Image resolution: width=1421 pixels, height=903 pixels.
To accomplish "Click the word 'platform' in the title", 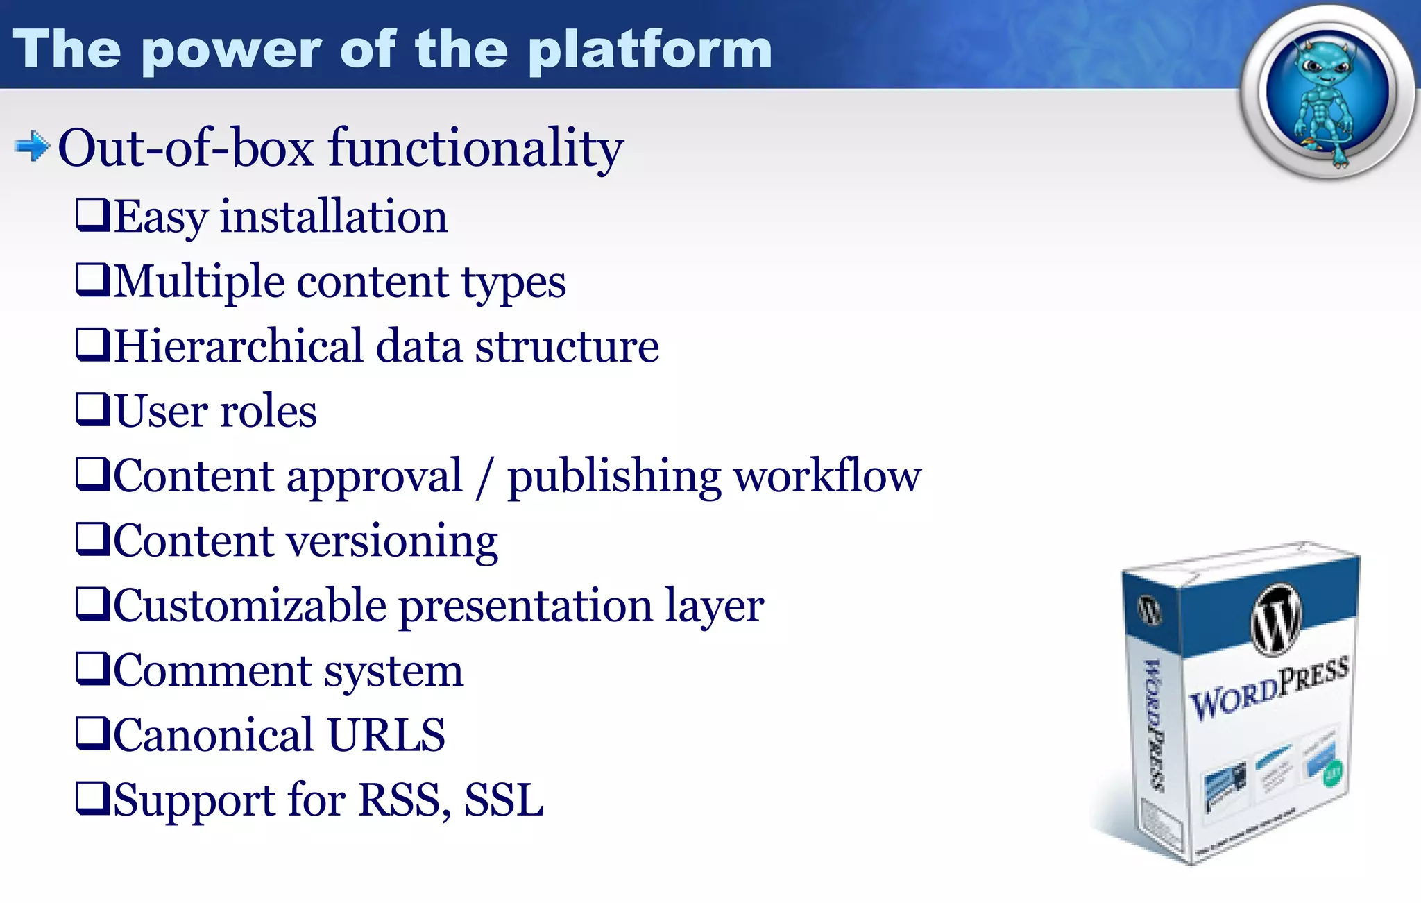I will pos(649,50).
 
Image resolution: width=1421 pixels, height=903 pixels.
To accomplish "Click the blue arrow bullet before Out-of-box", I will pos(32,146).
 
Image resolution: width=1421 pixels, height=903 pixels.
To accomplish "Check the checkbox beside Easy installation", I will pos(92,214).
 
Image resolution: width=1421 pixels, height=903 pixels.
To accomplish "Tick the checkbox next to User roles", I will pos(92,409).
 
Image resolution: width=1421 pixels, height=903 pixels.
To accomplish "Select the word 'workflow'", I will pos(827,477).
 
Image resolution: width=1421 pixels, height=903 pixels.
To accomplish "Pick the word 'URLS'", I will pos(386,735).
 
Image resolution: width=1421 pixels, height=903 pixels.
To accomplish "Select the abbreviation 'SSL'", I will pos(504,800).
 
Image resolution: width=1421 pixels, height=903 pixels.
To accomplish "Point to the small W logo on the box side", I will pos(1149,611).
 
